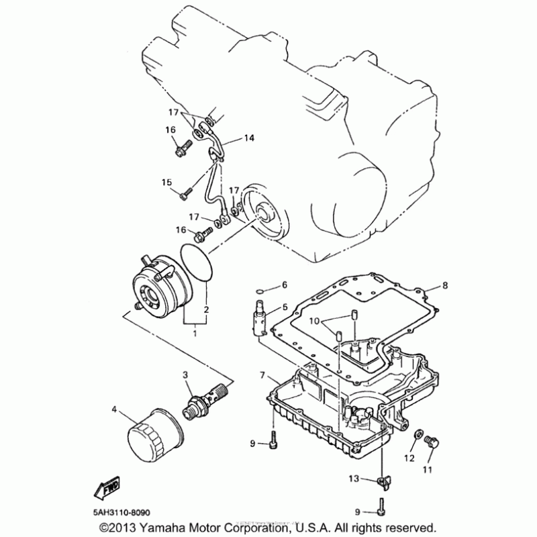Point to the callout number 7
pos(263,374)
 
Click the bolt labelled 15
pos(185,193)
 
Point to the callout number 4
pos(115,409)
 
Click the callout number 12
pos(410,458)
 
